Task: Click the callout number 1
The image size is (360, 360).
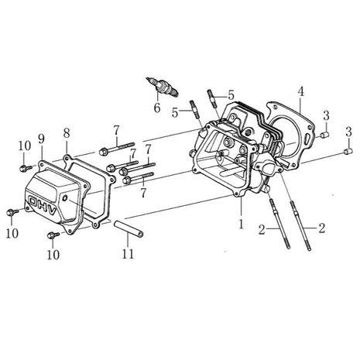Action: pos(241,224)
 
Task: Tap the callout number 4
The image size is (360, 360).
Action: pos(300,91)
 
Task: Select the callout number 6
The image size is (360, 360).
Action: pos(157,108)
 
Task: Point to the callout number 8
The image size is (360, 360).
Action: pos(67,133)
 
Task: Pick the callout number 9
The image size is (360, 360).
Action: pos(41,139)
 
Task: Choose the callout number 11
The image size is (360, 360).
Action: pos(128,254)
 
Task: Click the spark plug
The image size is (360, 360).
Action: pos(162,87)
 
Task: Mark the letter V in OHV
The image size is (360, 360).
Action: pos(52,211)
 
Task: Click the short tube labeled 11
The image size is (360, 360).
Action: pos(129,228)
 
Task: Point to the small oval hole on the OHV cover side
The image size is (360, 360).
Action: pos(64,198)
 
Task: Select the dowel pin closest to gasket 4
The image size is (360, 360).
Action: pos(325,135)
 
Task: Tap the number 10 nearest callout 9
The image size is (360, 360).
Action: pos(25,146)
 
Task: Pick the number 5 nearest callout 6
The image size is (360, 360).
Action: pos(175,112)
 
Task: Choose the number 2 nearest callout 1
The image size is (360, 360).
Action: pos(262,230)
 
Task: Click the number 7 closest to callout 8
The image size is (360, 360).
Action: pos(117,131)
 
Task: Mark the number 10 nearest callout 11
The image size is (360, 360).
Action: pos(53,254)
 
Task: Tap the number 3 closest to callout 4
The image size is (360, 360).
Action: pos(326,115)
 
